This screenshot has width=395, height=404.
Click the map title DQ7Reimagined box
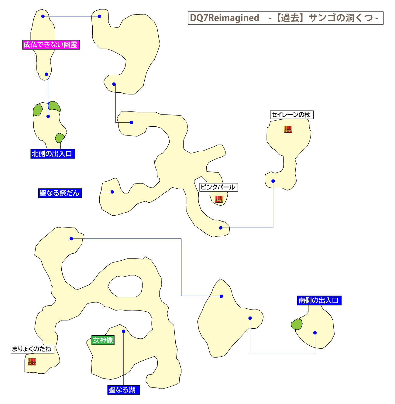coord(285,18)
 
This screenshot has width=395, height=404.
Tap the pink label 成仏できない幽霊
coord(51,45)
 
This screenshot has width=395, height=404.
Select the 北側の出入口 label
coord(52,154)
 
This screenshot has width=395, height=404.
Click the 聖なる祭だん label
coord(60,193)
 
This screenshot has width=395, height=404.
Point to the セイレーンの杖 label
coord(291,115)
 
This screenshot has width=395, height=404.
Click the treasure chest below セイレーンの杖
coord(288,130)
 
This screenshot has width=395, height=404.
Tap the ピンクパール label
coord(218,187)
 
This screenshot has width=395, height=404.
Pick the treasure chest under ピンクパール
coord(219,199)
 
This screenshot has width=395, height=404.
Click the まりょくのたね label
coord(32,349)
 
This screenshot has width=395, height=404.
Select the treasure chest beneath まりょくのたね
coord(32,361)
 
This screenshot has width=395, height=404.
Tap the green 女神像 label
coord(103,340)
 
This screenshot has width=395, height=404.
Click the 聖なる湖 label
coord(123,390)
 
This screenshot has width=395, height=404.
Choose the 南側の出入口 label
coord(319,301)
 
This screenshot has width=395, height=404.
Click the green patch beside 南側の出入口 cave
coord(297,324)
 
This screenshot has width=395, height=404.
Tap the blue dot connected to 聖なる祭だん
coord(112,192)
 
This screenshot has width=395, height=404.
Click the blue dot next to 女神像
coord(123,331)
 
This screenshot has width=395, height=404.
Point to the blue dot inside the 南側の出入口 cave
coord(315,333)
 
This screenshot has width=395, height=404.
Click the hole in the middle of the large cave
coord(125,286)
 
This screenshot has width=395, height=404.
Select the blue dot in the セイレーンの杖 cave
coord(273,181)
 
